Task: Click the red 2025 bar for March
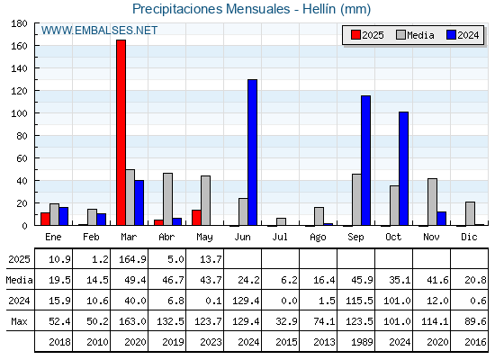click(121, 132)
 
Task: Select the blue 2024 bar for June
click(252, 152)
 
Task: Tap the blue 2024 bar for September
click(365, 160)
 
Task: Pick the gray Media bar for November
click(432, 202)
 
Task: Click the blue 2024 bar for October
click(404, 168)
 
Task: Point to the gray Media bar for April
click(167, 199)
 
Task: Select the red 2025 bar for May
click(197, 218)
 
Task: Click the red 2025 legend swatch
click(355, 35)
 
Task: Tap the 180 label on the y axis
click(19, 23)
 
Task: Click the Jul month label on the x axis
click(280, 237)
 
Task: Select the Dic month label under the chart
click(469, 237)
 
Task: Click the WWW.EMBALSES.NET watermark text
click(99, 31)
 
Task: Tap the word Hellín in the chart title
click(319, 9)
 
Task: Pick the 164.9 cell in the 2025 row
click(133, 259)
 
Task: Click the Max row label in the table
click(19, 321)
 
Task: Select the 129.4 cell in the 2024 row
click(246, 301)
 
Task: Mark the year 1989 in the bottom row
click(362, 342)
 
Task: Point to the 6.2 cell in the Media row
click(289, 280)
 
